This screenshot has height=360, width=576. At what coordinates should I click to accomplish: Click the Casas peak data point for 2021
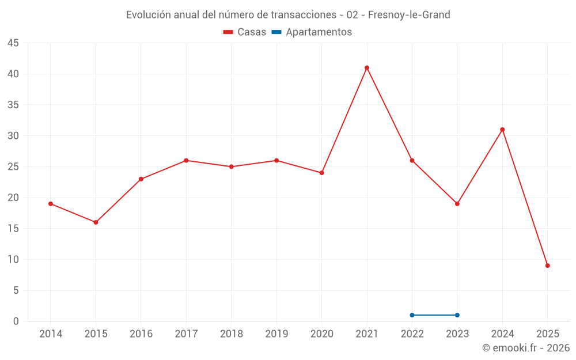(x=367, y=68)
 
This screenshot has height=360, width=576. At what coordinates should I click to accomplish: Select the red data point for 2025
(x=548, y=266)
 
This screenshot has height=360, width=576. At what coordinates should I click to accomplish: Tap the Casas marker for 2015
(x=96, y=222)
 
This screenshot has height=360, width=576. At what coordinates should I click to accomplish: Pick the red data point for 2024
(x=502, y=130)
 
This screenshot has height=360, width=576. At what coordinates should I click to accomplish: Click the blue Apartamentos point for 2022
(x=412, y=315)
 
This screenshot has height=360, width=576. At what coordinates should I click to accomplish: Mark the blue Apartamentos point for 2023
(x=457, y=315)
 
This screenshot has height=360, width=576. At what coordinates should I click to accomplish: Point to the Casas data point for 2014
(x=51, y=204)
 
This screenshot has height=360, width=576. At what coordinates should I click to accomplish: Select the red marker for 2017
(x=186, y=161)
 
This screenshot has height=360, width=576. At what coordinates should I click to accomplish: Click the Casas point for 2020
(x=321, y=173)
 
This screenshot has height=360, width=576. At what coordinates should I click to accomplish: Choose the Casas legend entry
(x=245, y=32)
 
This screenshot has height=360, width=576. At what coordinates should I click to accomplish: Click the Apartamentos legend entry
(x=312, y=32)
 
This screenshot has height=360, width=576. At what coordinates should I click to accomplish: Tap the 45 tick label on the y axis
(x=13, y=43)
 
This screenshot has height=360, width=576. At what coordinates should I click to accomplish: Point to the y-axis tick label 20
(x=13, y=198)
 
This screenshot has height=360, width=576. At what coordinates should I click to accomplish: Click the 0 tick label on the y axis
(x=16, y=321)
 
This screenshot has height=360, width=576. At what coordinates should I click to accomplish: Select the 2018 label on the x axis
(x=231, y=334)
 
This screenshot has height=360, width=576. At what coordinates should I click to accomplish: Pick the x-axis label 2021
(x=367, y=334)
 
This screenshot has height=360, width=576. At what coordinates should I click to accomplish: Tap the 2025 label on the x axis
(x=548, y=334)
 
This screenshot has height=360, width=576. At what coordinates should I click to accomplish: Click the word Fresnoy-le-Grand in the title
(x=410, y=15)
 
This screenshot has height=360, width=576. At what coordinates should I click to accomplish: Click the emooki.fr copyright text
(x=526, y=348)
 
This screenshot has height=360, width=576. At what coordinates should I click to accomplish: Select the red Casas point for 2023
(x=457, y=204)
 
